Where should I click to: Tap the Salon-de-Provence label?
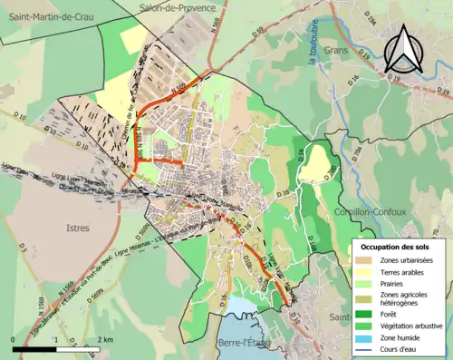coord(178,8)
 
